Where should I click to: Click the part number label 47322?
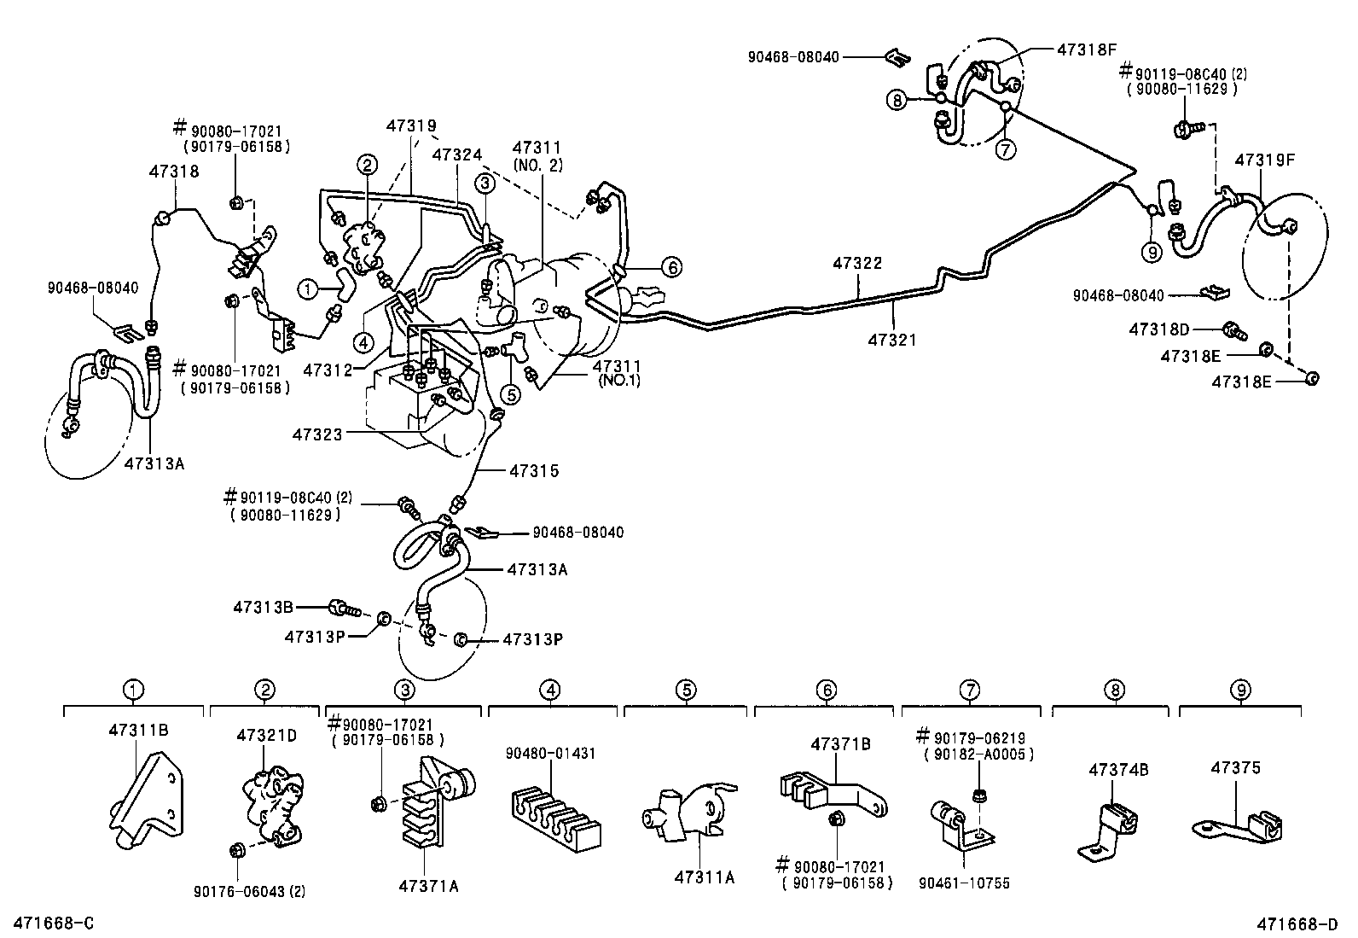pyautogui.click(x=857, y=264)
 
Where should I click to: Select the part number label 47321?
pyautogui.click(x=891, y=340)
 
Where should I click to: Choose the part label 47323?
pyautogui.click(x=317, y=434)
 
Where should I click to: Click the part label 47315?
pyautogui.click(x=533, y=470)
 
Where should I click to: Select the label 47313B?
pyautogui.click(x=263, y=607)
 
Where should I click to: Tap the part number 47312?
pyautogui.click(x=328, y=370)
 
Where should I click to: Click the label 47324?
pyautogui.click(x=456, y=154)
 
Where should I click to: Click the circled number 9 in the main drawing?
pyautogui.click(x=1152, y=251)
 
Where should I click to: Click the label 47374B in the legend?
pyautogui.click(x=1118, y=770)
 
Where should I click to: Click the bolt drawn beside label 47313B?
pyautogui.click(x=346, y=608)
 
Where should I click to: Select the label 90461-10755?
pyautogui.click(x=970, y=883)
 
